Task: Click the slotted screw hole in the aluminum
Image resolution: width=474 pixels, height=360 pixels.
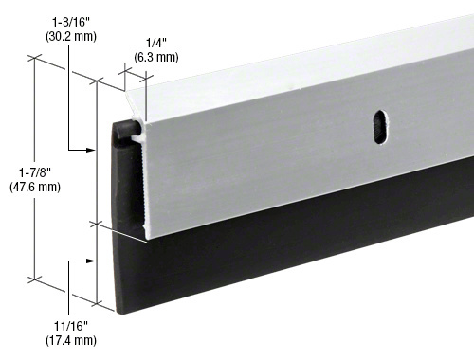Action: click(380, 129)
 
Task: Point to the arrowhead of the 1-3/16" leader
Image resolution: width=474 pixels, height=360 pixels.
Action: click(95, 150)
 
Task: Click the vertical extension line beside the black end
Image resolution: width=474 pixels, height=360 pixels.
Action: click(97, 189)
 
